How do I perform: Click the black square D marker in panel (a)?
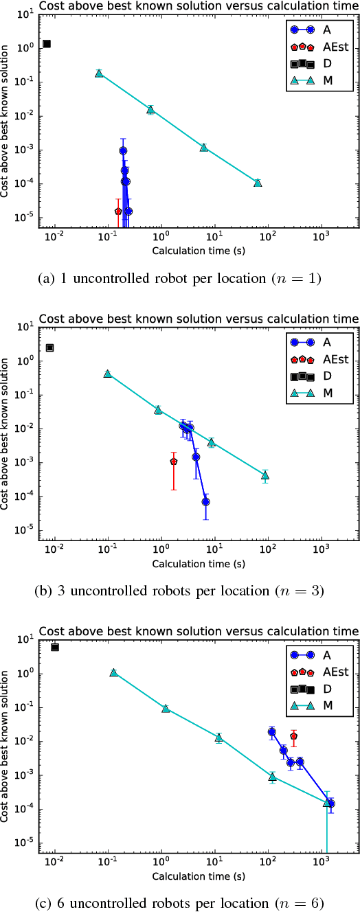(x=47, y=44)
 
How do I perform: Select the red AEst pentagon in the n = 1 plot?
(x=118, y=212)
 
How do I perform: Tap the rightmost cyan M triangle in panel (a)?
(x=258, y=183)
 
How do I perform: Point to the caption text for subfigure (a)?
(x=180, y=278)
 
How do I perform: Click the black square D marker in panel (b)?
(x=49, y=347)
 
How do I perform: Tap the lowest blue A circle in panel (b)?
(x=205, y=502)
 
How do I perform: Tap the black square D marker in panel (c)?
(x=55, y=647)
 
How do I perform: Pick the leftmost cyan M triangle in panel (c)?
(x=114, y=672)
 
